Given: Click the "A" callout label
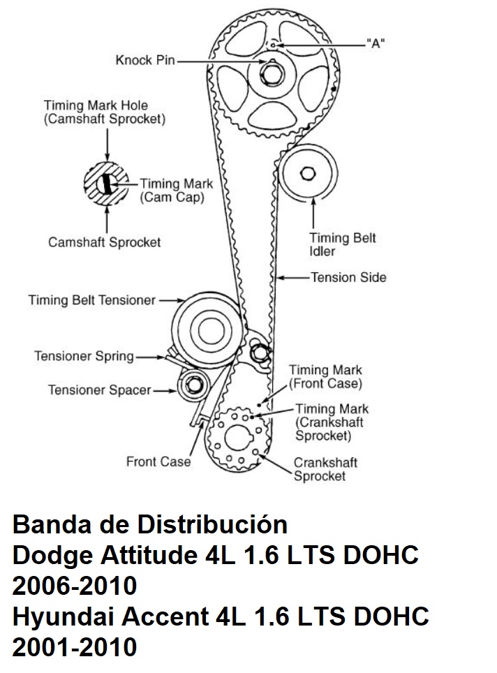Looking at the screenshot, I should (376, 43).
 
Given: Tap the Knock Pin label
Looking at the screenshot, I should (145, 61).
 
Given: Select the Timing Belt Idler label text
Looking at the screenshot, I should (343, 244).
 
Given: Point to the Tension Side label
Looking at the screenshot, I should (348, 277).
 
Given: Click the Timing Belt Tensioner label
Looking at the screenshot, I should (91, 300).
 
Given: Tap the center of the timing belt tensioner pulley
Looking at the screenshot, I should (206, 327).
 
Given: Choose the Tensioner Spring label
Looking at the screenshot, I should (84, 356).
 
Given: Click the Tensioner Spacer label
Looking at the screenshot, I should (99, 390).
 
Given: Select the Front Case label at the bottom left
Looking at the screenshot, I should (158, 461).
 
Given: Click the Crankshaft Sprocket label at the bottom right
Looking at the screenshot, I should (320, 469).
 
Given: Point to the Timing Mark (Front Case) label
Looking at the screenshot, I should (325, 376).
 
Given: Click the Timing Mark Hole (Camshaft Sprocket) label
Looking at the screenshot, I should (105, 112).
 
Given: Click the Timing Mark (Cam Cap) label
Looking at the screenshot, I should (176, 191).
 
